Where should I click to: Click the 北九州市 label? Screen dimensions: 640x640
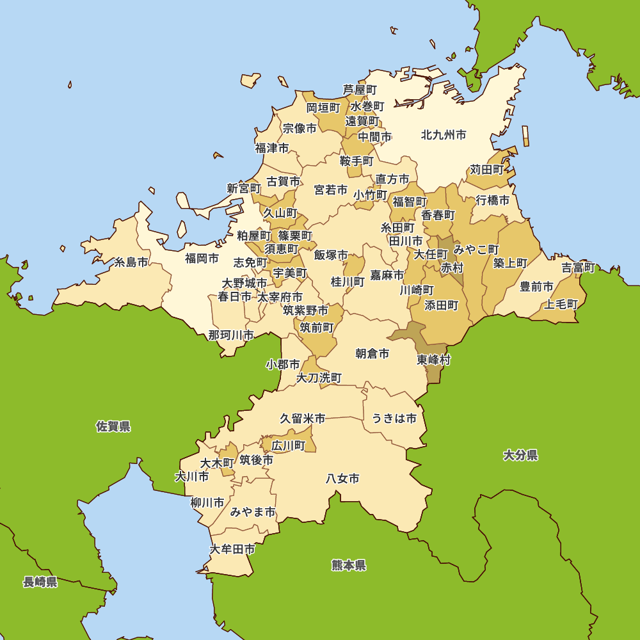(x=444, y=135)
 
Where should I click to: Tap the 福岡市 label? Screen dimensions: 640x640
(x=202, y=259)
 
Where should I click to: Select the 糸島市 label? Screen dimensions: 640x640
(x=131, y=262)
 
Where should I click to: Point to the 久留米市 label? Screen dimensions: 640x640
(x=303, y=419)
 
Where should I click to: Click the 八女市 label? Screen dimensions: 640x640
(x=342, y=478)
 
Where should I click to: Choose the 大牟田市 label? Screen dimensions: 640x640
(x=232, y=549)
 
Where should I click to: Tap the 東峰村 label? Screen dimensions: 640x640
(x=434, y=360)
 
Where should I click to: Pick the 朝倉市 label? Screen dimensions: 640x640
(x=372, y=353)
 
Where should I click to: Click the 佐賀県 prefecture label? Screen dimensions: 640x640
(x=113, y=426)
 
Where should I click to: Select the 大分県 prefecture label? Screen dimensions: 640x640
(x=520, y=455)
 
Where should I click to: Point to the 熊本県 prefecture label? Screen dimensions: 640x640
(x=349, y=565)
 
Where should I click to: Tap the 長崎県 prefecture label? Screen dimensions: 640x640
(x=40, y=582)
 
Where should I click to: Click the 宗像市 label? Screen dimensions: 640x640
(x=300, y=128)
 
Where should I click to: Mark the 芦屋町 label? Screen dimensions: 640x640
(x=360, y=90)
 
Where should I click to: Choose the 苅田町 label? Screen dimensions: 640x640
(x=487, y=170)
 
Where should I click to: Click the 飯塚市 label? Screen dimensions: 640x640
(x=331, y=255)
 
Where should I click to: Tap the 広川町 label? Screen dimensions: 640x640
(x=289, y=445)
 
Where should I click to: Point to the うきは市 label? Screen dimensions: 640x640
(x=394, y=419)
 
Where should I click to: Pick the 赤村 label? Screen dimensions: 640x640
(x=452, y=268)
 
